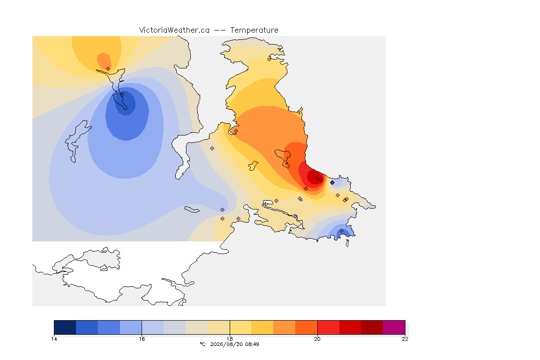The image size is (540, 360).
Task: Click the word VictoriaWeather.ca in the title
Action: tap(174, 30)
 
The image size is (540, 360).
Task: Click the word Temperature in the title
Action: tap(254, 30)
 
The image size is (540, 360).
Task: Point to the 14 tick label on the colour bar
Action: tap(54, 339)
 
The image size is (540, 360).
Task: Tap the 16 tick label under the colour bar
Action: tap(142, 339)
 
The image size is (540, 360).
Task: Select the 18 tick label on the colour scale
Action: tap(230, 339)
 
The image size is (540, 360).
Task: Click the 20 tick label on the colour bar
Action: tap(317, 339)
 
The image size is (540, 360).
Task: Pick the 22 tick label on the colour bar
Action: tap(405, 339)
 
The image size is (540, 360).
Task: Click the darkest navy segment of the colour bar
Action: tap(65, 327)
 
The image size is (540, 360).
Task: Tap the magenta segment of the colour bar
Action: tap(394, 327)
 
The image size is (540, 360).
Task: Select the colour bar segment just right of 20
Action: tap(328, 327)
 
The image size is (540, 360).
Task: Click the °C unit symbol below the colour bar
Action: tap(202, 344)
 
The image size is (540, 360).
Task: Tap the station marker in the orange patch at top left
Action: tap(108, 68)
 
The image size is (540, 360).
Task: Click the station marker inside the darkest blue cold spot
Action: tap(122, 94)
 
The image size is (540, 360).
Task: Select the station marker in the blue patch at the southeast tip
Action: tap(341, 231)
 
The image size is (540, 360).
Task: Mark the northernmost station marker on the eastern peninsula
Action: tap(270, 59)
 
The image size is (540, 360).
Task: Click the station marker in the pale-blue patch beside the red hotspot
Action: tap(332, 183)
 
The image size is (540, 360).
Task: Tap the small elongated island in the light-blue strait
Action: tap(192, 210)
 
